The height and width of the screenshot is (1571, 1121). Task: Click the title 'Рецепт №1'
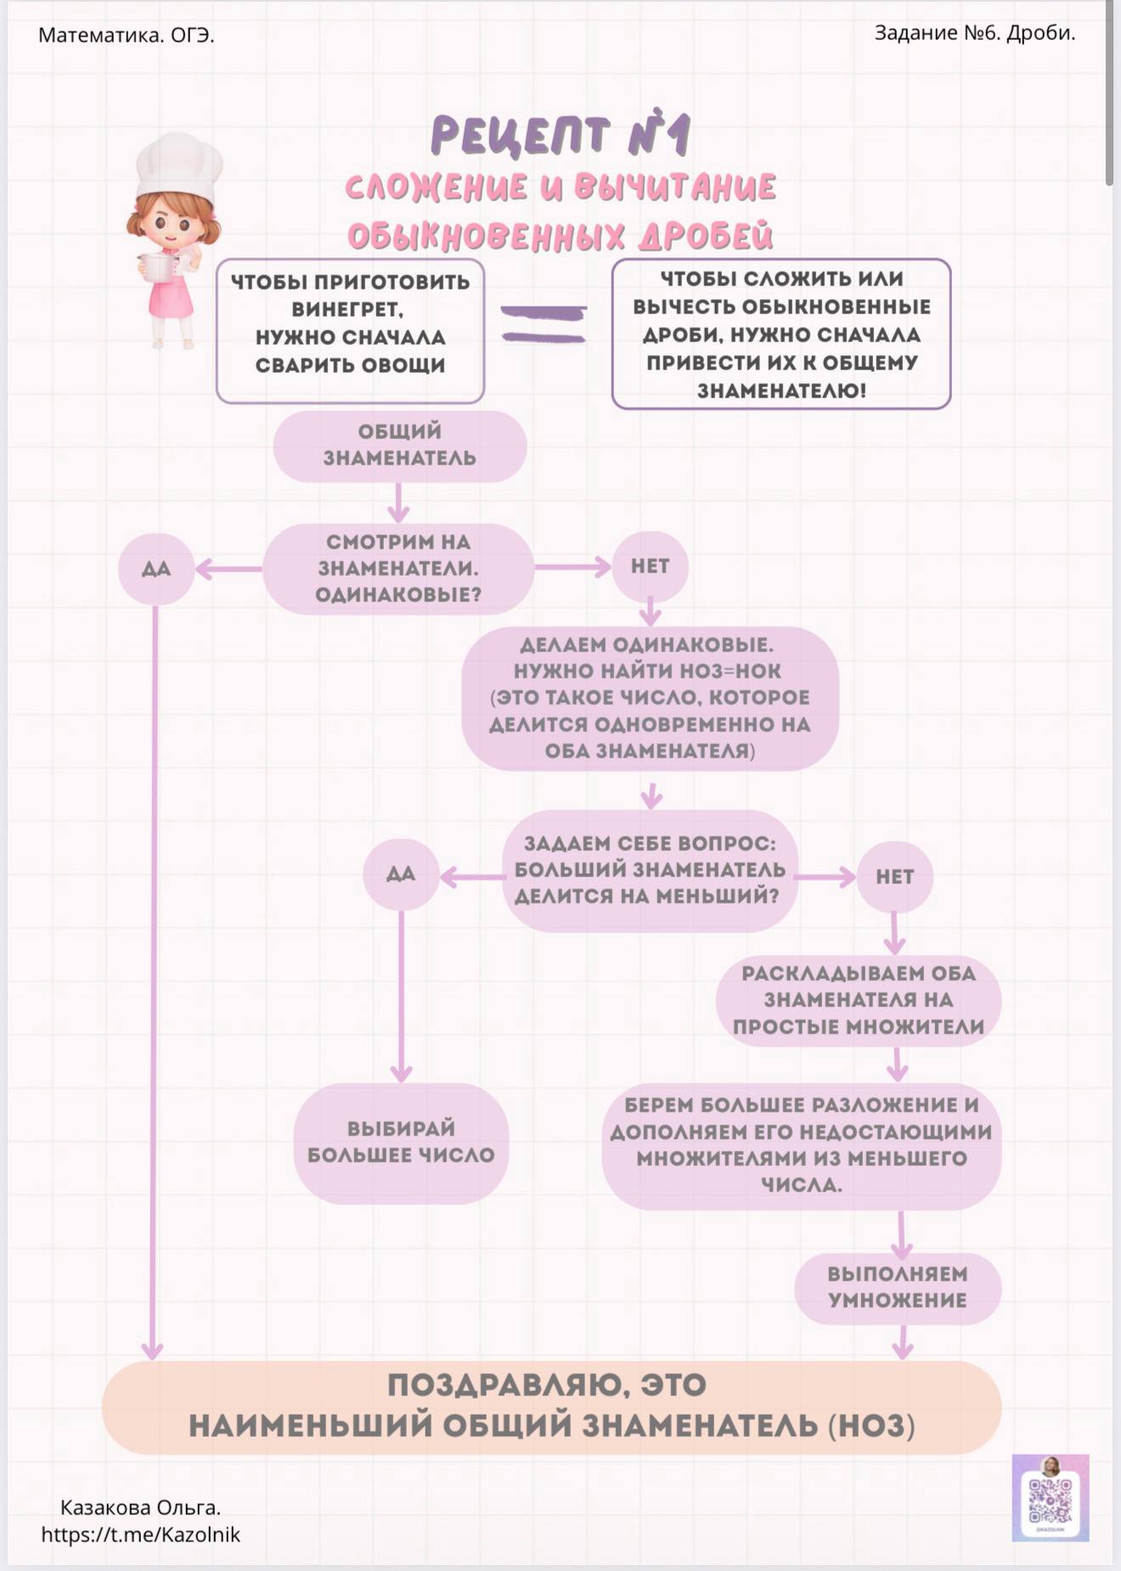(560, 136)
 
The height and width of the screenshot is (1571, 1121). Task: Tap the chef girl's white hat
(179, 166)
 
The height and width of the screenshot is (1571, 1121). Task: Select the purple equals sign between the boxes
(544, 324)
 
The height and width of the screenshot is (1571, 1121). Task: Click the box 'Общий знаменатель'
(400, 446)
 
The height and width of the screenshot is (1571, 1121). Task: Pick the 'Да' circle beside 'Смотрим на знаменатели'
(156, 567)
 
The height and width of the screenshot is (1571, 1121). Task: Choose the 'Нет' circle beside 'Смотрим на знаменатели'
(650, 566)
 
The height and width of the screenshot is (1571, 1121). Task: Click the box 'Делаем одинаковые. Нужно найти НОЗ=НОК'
(651, 698)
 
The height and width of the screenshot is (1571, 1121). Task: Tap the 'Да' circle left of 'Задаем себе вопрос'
(401, 874)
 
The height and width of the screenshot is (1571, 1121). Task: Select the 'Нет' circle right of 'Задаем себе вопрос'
(894, 876)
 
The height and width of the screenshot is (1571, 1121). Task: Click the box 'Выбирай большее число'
(401, 1142)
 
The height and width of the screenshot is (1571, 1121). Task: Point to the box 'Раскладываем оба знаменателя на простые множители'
(859, 999)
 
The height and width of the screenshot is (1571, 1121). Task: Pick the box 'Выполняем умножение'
(898, 1287)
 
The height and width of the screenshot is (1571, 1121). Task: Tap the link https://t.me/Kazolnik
(141, 1534)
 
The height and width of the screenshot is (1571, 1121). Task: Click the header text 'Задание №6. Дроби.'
(975, 33)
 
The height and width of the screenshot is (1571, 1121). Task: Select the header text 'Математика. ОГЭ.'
(127, 35)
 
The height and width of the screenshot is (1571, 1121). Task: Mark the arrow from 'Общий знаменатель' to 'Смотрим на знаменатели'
(398, 503)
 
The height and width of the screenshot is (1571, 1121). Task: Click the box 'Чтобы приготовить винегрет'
(350, 331)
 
